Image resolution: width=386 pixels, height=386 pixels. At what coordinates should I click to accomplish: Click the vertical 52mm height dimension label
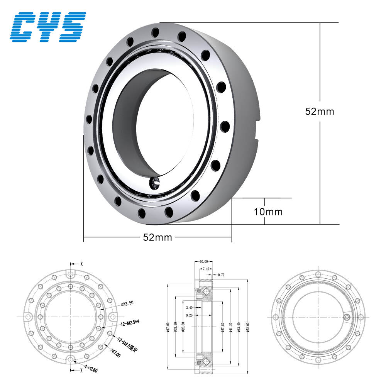click(x=320, y=112)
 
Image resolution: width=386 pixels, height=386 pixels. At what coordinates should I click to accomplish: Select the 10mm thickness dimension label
click(x=268, y=212)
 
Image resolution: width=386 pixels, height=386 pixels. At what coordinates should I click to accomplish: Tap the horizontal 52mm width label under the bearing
click(x=157, y=237)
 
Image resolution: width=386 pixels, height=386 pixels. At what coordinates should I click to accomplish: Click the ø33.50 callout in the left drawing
click(x=127, y=304)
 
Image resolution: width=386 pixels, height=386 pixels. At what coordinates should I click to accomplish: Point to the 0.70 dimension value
click(x=221, y=275)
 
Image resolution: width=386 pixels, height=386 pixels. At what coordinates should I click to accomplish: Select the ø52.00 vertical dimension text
click(x=247, y=323)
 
